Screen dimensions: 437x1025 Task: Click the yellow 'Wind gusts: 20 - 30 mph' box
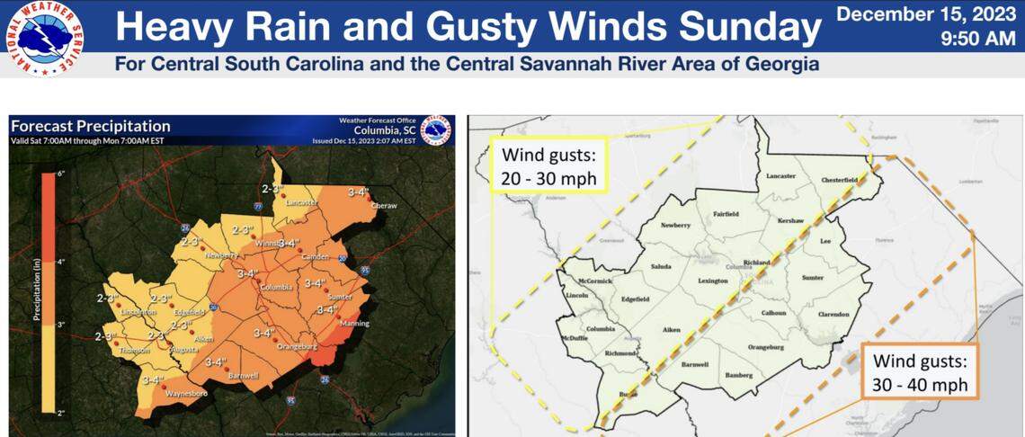[549, 165]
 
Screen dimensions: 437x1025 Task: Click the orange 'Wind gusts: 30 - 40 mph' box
[919, 373]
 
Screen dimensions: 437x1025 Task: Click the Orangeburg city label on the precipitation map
[299, 344]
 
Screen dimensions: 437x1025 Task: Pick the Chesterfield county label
[839, 180]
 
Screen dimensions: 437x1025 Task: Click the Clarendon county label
[833, 314]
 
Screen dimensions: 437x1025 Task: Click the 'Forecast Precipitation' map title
[90, 127]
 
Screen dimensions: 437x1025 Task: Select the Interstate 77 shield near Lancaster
[256, 207]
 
